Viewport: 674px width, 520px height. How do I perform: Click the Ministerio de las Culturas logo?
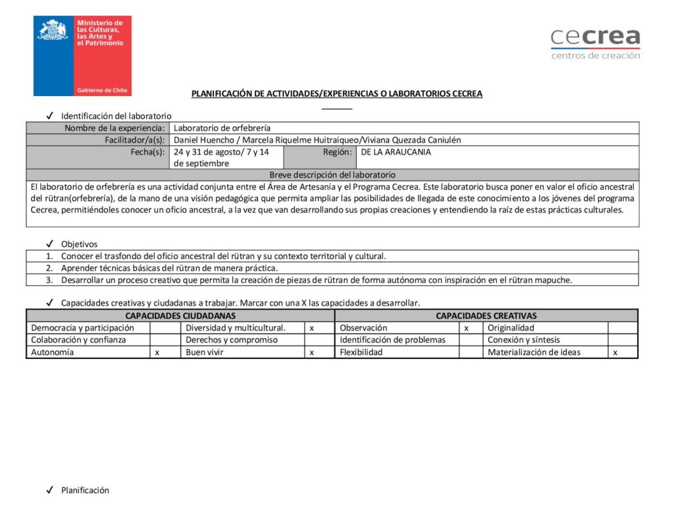[x=82, y=56]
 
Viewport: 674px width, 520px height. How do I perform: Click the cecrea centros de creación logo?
[x=595, y=44]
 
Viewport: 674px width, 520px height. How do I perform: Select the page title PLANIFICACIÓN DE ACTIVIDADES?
[x=336, y=94]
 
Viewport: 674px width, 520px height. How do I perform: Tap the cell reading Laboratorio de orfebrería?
[x=222, y=128]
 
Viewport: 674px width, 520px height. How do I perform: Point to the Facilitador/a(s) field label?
[x=134, y=140]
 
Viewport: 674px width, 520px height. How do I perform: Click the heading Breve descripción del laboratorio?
[x=332, y=175]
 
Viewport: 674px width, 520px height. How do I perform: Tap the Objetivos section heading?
[x=79, y=244]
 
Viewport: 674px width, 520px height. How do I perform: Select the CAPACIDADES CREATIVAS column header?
[x=486, y=316]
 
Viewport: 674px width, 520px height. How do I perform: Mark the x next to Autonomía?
[x=157, y=352]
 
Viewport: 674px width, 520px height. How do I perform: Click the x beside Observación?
[x=466, y=328]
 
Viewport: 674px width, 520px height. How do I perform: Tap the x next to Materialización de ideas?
[x=615, y=352]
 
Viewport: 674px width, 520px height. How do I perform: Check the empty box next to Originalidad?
[x=622, y=328]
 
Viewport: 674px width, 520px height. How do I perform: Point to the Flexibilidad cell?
[x=362, y=352]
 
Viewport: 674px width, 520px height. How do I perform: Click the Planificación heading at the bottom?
[x=85, y=490]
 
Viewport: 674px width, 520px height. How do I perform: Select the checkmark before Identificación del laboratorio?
[x=49, y=116]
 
